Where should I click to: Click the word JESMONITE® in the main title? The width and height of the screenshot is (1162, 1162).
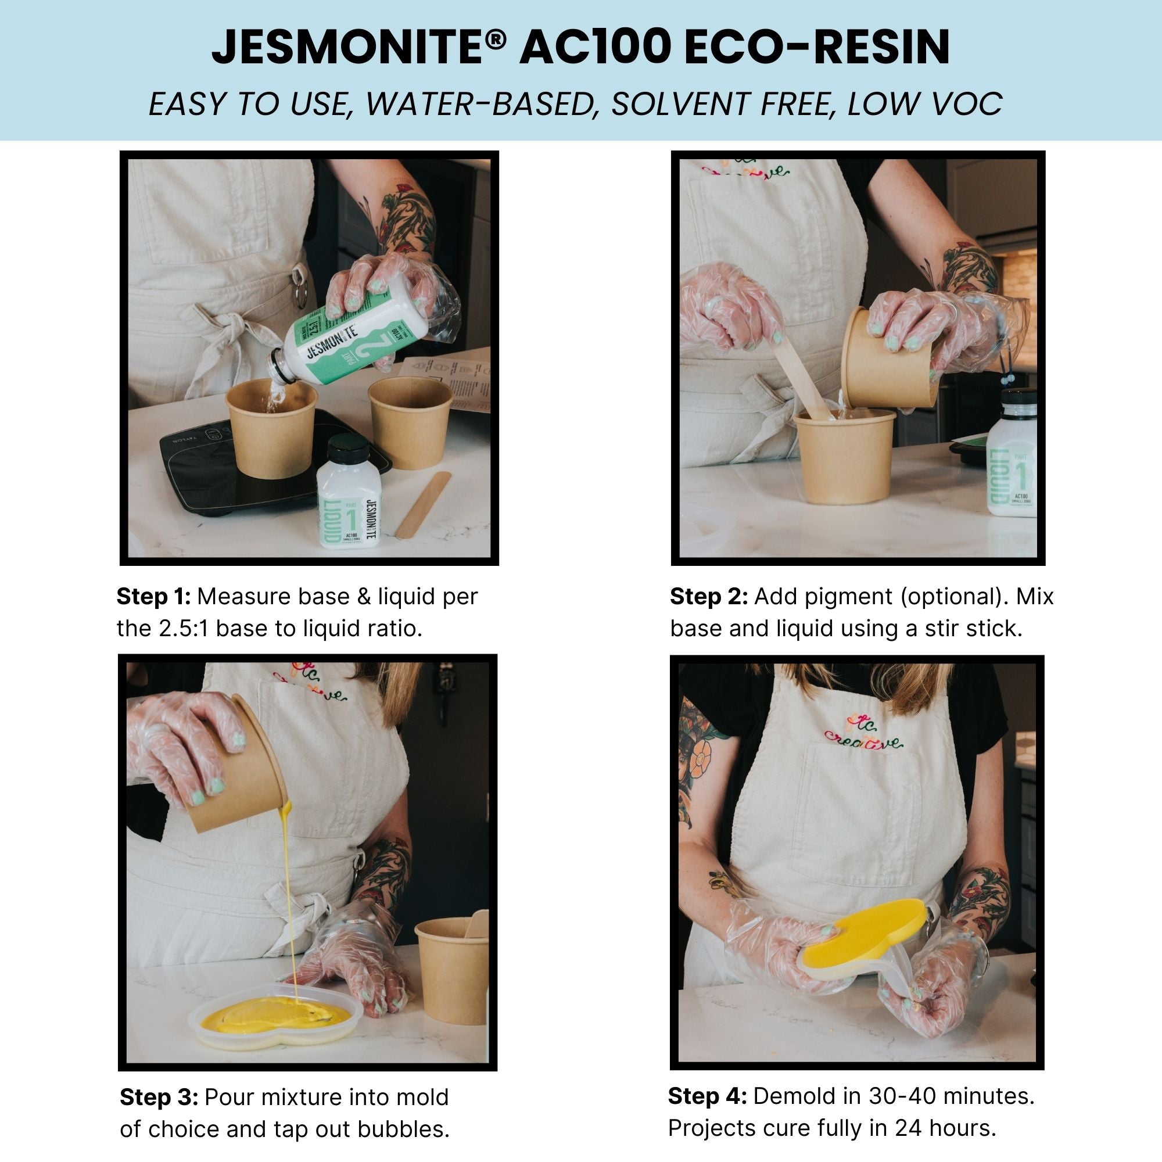358,48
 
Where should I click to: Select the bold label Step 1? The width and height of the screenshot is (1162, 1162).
153,597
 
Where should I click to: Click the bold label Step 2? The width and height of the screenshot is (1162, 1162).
708,597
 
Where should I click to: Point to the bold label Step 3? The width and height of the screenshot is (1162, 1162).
159,1097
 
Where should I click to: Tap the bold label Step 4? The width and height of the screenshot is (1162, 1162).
707,1096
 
